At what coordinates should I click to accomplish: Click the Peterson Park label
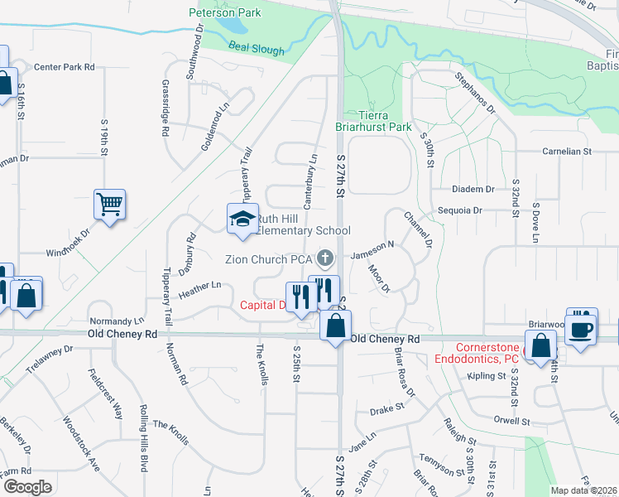point(224,12)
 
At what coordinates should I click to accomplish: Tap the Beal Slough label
point(257,49)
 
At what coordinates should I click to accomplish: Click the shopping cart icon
point(110,204)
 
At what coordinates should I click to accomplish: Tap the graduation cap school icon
point(242,219)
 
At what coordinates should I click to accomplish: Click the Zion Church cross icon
point(325,258)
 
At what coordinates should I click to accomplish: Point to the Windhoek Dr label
point(71,251)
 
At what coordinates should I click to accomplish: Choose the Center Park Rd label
point(65,66)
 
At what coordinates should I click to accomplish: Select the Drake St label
point(386,408)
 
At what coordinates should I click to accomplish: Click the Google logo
point(26,487)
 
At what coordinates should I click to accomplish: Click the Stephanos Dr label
point(474,93)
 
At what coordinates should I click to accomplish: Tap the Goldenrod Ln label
point(214,127)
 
